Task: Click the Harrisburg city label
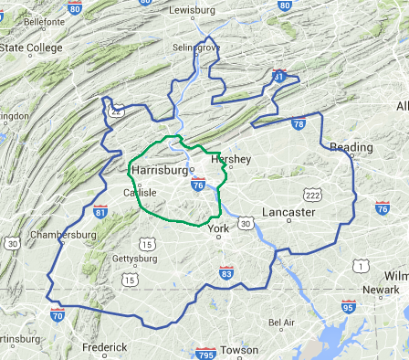(160, 170)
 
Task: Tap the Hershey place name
(230, 159)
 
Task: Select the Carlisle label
(139, 193)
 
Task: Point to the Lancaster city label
(288, 212)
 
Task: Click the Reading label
(351, 147)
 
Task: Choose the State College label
(31, 48)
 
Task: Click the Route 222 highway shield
(314, 195)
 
